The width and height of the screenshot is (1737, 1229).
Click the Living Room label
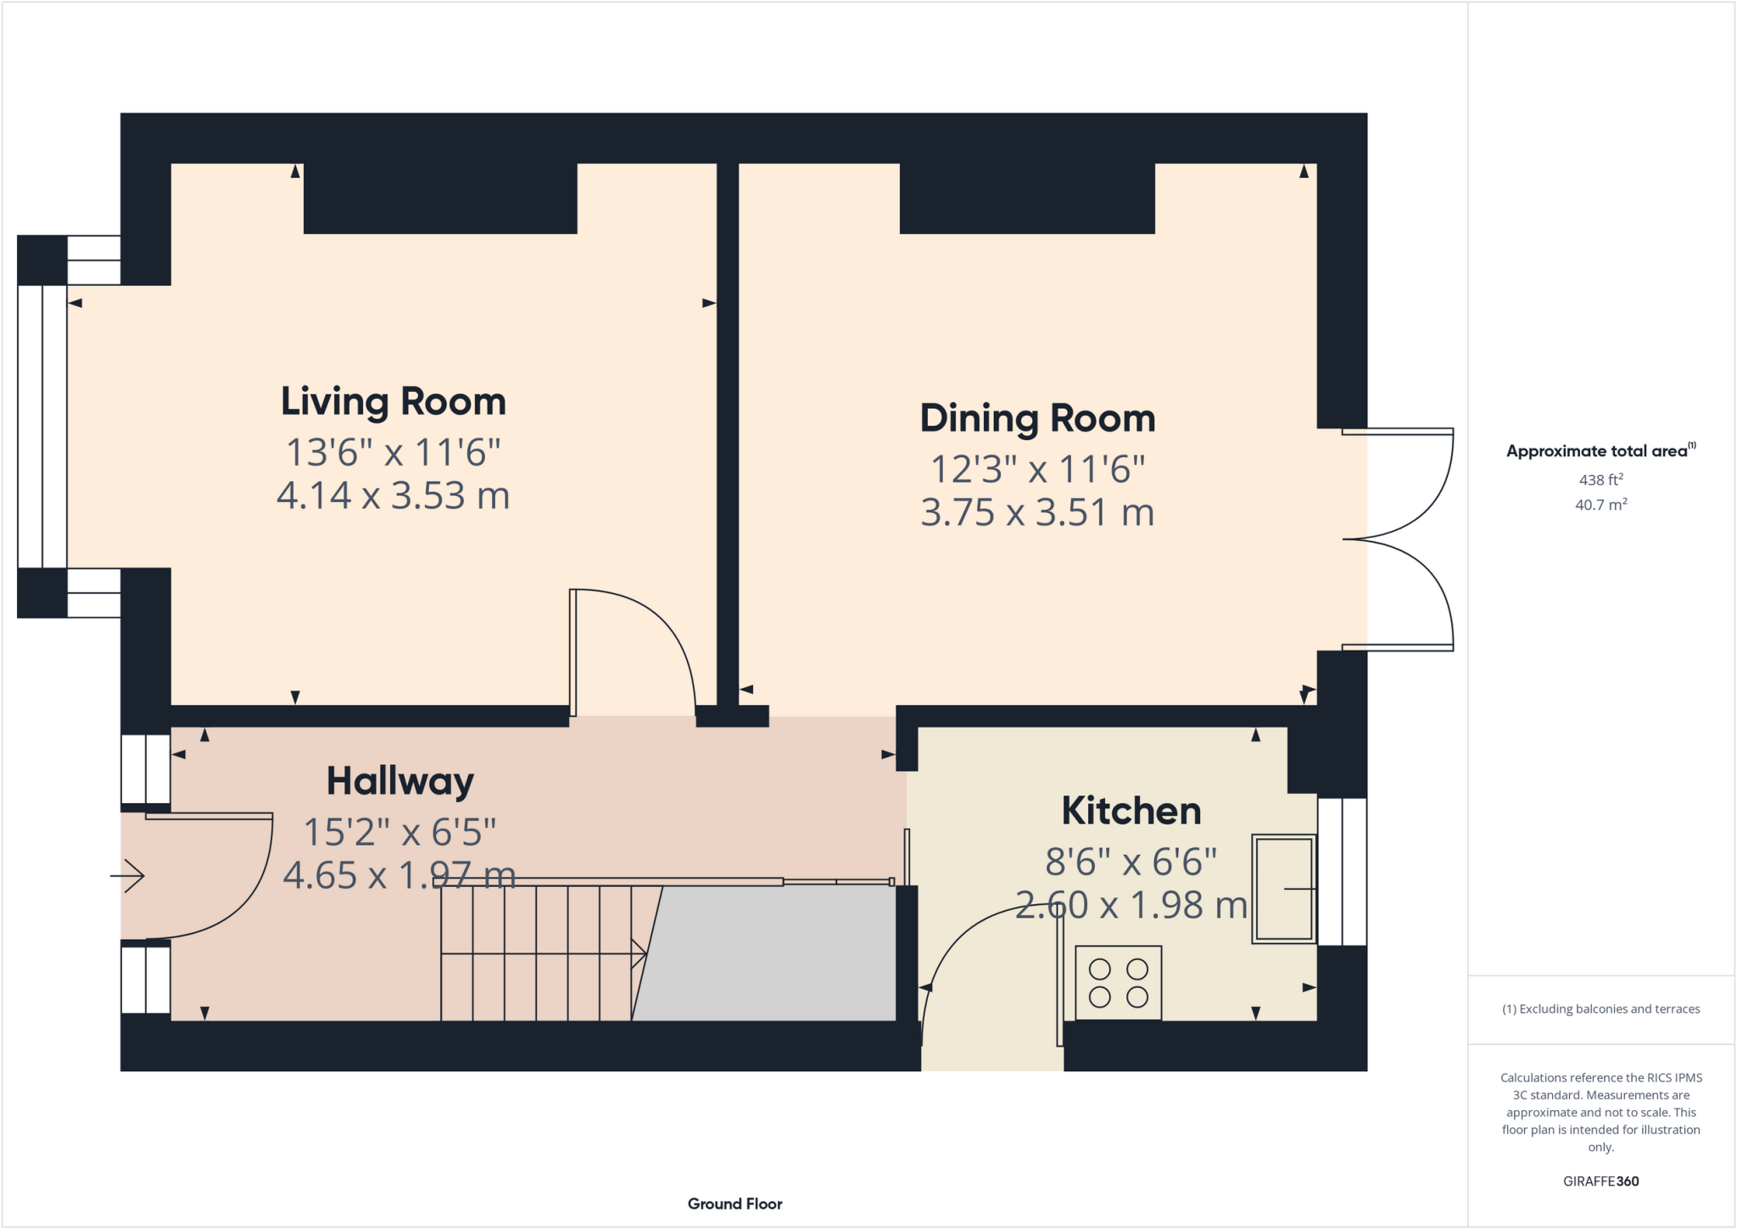point(393,402)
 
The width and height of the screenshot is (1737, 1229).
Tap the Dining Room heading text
point(1037,419)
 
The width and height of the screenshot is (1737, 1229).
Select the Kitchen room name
point(1131,812)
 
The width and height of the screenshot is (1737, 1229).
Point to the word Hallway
point(399,781)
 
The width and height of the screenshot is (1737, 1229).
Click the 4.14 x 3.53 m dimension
point(393,495)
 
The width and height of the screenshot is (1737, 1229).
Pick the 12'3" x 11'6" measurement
point(1037,469)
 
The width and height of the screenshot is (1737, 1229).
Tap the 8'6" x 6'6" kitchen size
point(1131,863)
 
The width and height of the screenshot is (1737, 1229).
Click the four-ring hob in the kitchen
point(1118,982)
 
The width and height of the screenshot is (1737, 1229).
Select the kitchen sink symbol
point(1283,888)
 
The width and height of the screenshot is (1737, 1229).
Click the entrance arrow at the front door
point(127,875)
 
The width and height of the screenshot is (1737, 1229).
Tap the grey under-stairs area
point(772,954)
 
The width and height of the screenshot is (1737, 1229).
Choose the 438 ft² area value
point(1600,480)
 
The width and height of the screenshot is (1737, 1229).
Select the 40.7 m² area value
point(1600,505)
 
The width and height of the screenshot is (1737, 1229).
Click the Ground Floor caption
point(734,1204)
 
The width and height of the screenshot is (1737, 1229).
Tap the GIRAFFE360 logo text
point(1600,1182)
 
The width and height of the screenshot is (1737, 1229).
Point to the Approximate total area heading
point(1599,451)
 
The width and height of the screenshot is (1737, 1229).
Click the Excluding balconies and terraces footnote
point(1600,1009)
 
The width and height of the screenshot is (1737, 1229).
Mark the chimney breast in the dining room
point(1026,198)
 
